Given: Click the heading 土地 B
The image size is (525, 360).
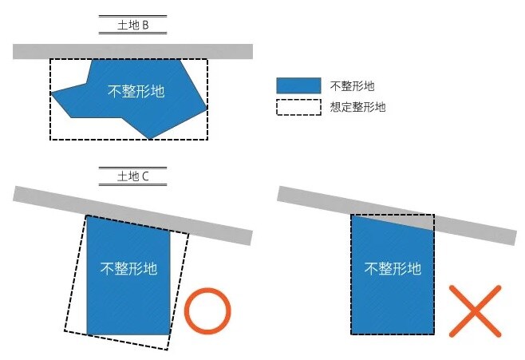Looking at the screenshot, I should (x=132, y=26).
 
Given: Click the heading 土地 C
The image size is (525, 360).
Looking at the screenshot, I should (x=132, y=176).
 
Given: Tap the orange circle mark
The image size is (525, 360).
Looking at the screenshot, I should (x=207, y=311).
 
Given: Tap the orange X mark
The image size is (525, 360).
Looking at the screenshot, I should (x=476, y=311).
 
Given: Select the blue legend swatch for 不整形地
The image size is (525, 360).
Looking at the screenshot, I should (x=298, y=85).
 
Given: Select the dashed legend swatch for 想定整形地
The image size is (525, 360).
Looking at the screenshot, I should (x=298, y=107).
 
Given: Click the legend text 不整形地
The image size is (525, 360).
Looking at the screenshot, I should (x=352, y=85).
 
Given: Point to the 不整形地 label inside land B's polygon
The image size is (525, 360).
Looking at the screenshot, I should (x=136, y=91).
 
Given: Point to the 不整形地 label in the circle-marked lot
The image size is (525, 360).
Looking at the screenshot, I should (x=128, y=268).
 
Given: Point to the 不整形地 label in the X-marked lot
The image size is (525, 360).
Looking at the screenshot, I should (x=393, y=268).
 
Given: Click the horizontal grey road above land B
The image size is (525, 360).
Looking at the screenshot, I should (x=132, y=51).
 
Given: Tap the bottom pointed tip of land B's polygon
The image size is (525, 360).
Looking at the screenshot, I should (x=151, y=139).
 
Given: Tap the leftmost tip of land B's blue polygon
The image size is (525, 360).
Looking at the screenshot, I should (x=51, y=94).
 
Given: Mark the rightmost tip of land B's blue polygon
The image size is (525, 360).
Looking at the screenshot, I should (x=207, y=108).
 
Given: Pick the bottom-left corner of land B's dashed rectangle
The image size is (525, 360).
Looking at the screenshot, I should (x=51, y=140).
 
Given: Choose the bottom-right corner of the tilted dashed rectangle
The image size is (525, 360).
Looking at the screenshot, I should (x=168, y=349).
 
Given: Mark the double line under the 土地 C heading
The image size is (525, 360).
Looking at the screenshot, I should (x=132, y=185).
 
